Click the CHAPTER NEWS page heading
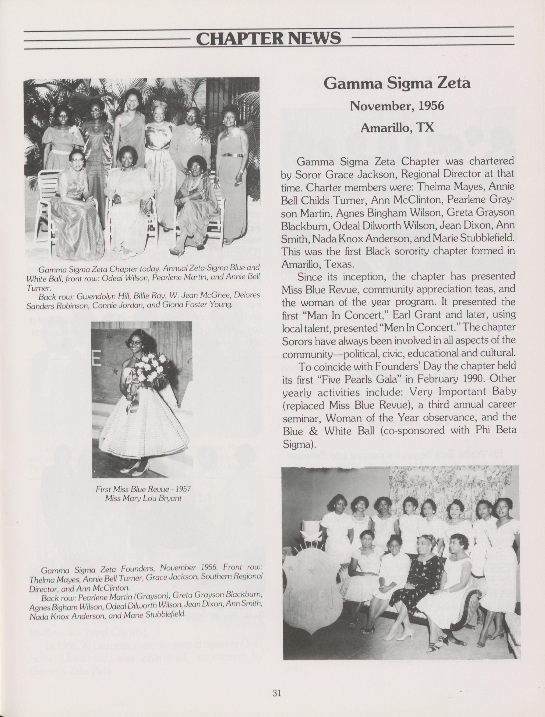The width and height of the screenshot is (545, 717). click(x=269, y=39)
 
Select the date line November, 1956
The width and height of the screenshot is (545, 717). click(x=397, y=106)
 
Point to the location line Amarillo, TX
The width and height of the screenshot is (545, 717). click(x=397, y=127)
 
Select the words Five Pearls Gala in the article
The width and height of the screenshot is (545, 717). click(x=369, y=379)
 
